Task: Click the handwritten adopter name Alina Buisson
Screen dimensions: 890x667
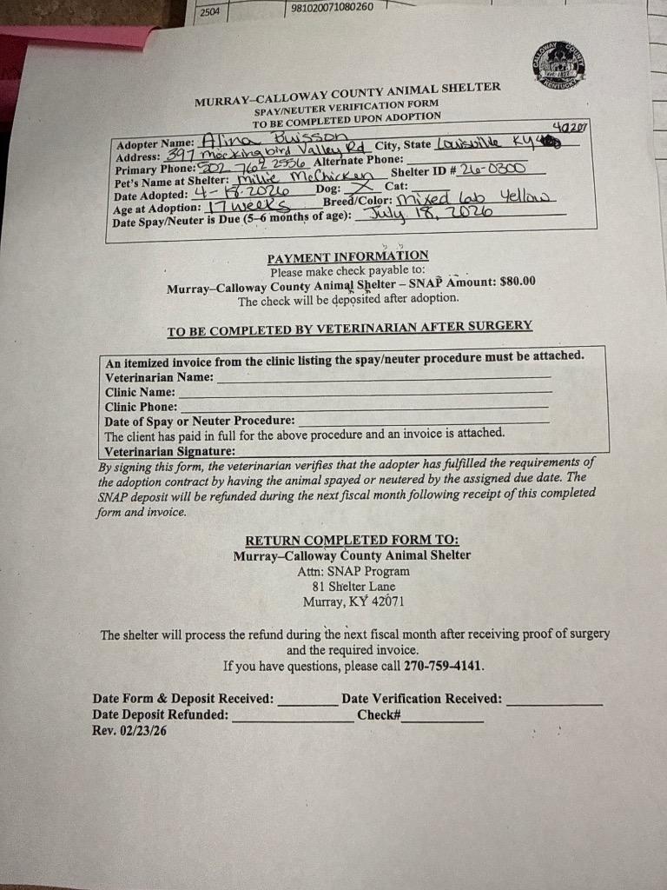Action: [274, 138]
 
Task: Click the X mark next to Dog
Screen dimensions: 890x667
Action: [365, 186]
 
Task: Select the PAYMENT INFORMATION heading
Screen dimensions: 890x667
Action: [347, 256]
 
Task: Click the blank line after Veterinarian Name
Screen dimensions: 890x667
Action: [382, 378]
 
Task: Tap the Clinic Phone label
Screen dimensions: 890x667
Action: [141, 406]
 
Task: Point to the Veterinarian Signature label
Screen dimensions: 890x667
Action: [169, 451]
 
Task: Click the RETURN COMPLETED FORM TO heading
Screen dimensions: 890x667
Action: [352, 540]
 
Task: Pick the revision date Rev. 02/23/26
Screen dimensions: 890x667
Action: [129, 731]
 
